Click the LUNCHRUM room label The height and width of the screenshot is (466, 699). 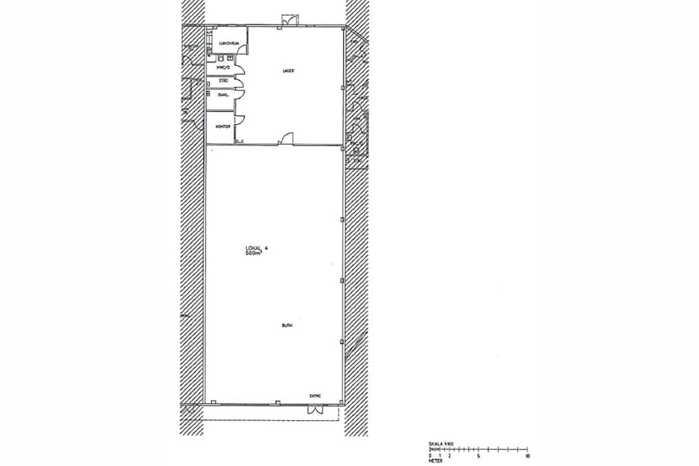coord(227,43)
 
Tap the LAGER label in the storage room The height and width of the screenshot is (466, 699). coord(287,71)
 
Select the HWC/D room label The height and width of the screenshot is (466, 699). coord(223,68)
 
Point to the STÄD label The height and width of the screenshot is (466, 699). coord(223,81)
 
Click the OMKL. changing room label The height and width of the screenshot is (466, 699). coord(223,95)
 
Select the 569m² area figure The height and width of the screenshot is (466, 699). coord(253,254)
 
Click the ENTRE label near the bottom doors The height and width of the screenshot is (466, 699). coord(315,395)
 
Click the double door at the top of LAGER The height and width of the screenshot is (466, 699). coord(288,19)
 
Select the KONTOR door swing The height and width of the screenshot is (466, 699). coord(240,120)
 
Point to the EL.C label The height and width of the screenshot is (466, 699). coord(240,141)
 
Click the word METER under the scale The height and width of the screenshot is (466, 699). coord(435,461)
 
